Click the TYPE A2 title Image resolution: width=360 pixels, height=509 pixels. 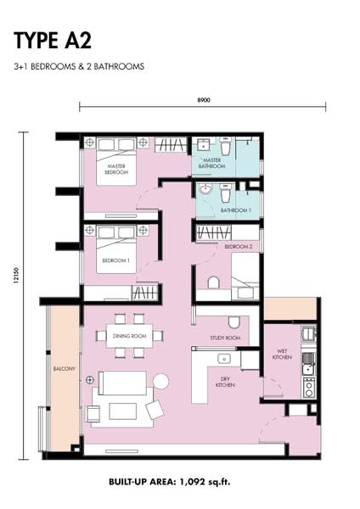[53, 41]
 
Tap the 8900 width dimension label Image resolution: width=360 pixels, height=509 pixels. [204, 100]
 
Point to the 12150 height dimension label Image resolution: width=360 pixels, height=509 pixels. [16, 275]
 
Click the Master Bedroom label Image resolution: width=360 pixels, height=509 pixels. [116, 169]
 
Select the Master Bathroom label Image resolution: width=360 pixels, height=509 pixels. [212, 163]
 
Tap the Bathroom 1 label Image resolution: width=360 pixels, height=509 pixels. [236, 210]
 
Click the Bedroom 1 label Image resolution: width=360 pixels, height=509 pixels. [116, 260]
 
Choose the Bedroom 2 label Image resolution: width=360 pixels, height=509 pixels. [238, 247]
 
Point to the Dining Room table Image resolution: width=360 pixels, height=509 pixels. [130, 336]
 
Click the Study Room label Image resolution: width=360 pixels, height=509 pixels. [225, 338]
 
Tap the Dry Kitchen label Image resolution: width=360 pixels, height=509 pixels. [225, 382]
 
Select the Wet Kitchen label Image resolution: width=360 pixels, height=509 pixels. [282, 354]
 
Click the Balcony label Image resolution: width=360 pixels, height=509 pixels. [64, 369]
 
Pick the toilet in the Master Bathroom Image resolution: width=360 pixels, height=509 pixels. [226, 146]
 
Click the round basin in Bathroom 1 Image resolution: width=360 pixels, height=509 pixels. [205, 189]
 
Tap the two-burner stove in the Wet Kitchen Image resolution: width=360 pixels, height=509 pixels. [309, 388]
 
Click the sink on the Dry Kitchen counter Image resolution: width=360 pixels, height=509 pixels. [224, 359]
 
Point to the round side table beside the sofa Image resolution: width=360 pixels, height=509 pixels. [160, 380]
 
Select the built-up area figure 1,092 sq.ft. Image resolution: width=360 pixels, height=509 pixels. [205, 481]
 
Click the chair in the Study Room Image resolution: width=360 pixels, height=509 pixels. [234, 322]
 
